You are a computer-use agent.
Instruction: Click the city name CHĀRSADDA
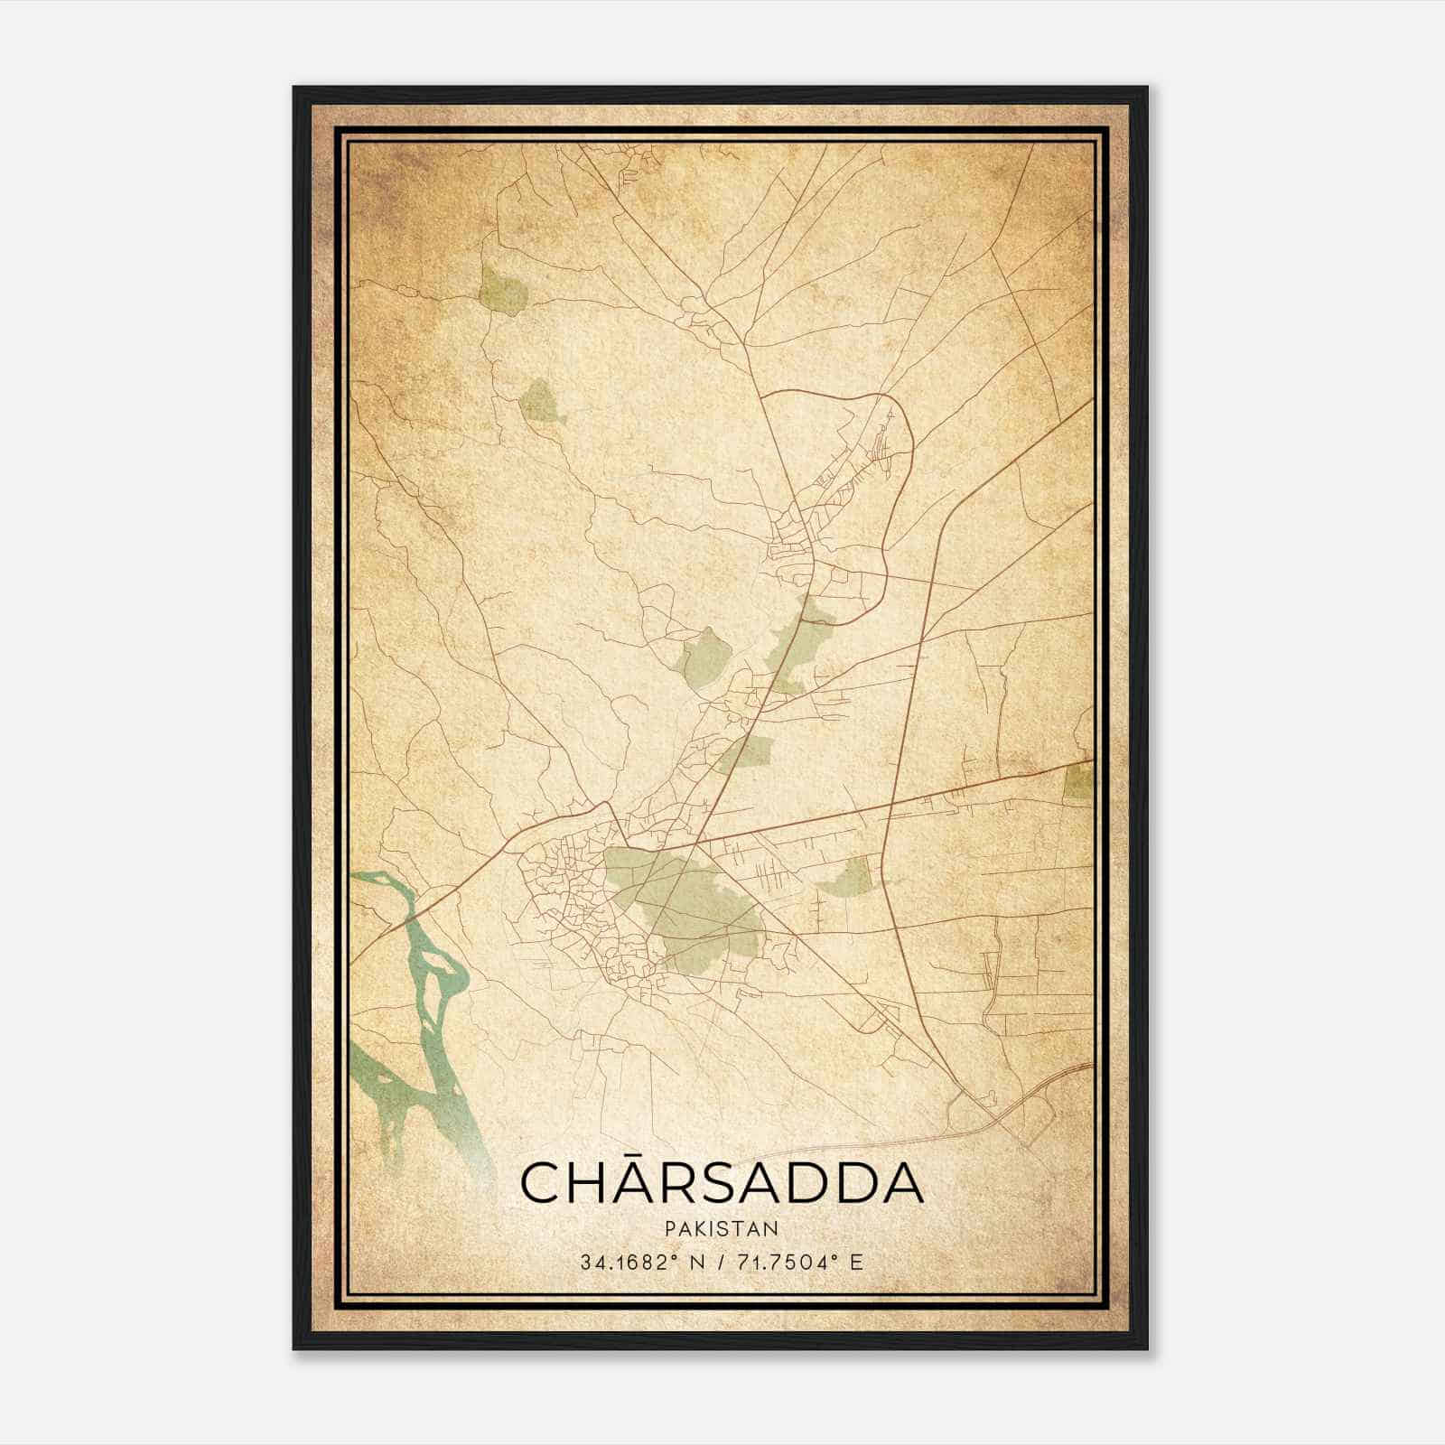point(722,1183)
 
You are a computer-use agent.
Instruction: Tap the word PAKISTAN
point(721,1228)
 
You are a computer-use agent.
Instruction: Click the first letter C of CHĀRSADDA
point(543,1184)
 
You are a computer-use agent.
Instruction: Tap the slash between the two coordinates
point(720,1262)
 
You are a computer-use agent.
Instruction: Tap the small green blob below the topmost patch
point(541,403)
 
